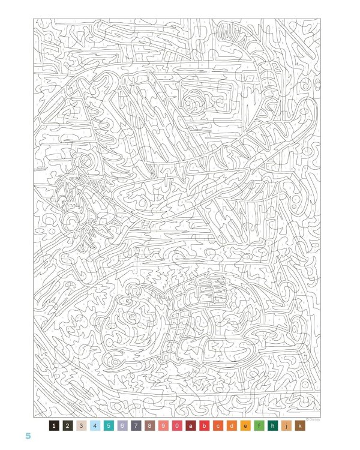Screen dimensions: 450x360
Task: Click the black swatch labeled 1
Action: tap(54, 426)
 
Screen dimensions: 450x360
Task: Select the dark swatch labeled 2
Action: tap(68, 426)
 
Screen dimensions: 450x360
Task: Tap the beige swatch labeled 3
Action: tap(82, 426)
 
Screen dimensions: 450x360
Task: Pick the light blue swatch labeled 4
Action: tap(95, 426)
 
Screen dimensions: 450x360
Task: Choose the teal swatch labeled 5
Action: tap(109, 426)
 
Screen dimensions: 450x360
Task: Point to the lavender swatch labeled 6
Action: tap(123, 426)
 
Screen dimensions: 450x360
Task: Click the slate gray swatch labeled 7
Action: tap(136, 426)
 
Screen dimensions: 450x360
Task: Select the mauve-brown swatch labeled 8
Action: tap(150, 426)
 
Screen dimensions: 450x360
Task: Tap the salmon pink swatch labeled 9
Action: tap(164, 426)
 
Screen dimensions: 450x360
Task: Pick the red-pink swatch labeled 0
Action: tap(178, 426)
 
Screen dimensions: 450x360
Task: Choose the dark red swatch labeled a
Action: tap(191, 426)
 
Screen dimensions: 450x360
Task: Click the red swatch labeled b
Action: tap(205, 426)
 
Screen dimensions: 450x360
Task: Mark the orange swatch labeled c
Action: tap(218, 426)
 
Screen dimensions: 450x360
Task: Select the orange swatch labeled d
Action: tap(232, 426)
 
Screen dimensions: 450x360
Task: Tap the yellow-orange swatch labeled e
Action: tap(246, 426)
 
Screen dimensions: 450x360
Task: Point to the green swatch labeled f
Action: tap(260, 426)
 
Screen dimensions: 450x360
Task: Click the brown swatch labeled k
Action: tap(301, 426)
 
